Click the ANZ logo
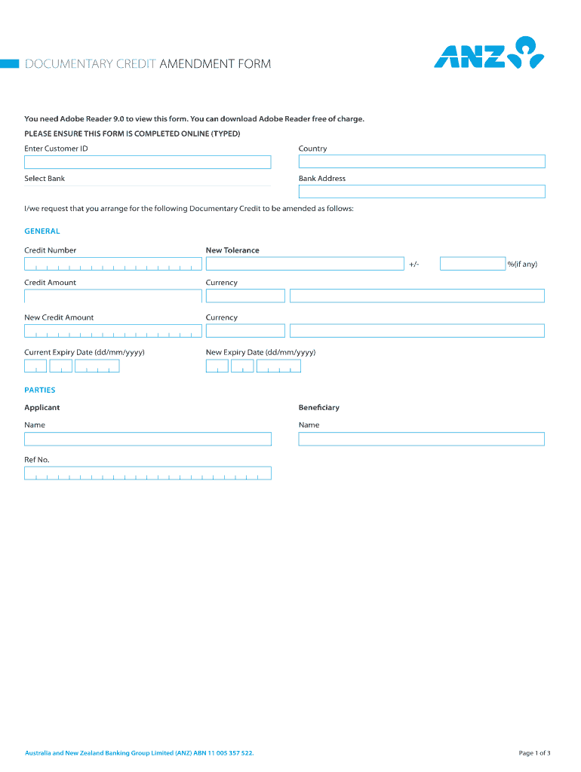(488, 53)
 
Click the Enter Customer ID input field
(147, 162)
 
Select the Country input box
(421, 161)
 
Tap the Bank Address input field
(421, 191)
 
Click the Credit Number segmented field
(113, 264)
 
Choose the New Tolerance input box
(305, 264)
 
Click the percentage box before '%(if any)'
(472, 264)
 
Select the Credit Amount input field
(113, 296)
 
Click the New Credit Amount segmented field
(113, 331)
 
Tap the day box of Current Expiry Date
(35, 366)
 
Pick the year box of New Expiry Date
(278, 366)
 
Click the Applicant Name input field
(147, 439)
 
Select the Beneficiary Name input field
(421, 439)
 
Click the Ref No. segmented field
(147, 473)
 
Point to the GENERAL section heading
(42, 231)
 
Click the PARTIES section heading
(40, 391)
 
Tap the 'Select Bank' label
(45, 179)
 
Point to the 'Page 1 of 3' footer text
(534, 752)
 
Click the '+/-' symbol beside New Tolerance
(414, 264)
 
